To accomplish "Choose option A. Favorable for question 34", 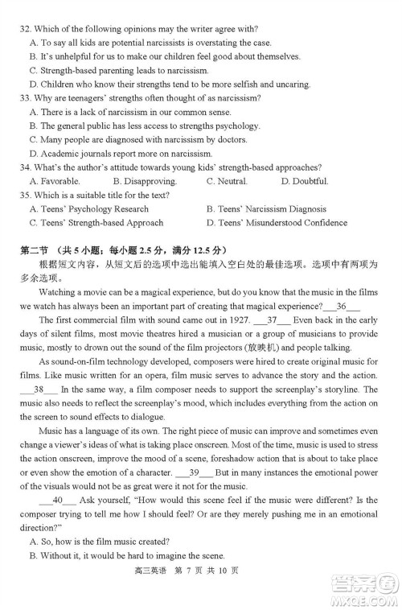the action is click(x=55, y=181).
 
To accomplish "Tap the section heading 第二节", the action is click(x=35, y=249).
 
